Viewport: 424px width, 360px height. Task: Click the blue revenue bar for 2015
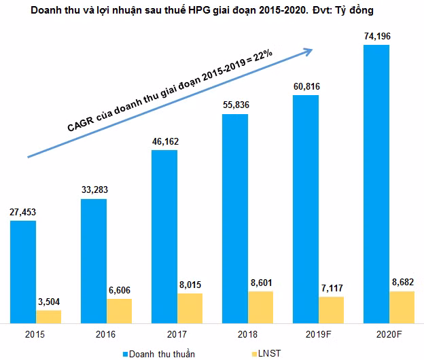coord(23,271)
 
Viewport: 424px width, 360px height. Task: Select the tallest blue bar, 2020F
coord(376,183)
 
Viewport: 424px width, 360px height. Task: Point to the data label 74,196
coord(376,35)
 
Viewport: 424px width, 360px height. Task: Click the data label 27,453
coord(22,213)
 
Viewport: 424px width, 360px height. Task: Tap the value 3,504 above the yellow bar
coord(49,302)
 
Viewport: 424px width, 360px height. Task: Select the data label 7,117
coord(332,288)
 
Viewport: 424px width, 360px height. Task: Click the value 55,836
coord(235,105)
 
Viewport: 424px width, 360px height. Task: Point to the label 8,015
coord(190,285)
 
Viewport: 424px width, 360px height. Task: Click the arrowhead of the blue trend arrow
coord(307,50)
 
